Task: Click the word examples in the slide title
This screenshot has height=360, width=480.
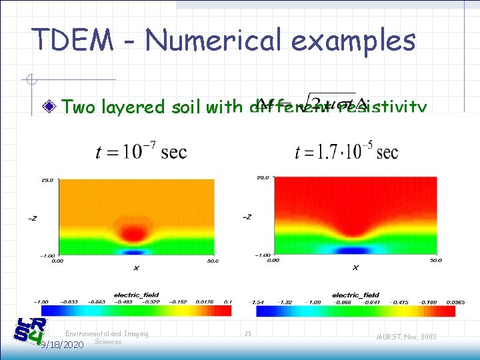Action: coord(352,41)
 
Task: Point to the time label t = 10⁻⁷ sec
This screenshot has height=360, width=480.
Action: coord(141,153)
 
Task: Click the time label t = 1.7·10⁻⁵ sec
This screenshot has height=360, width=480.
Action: coord(346,152)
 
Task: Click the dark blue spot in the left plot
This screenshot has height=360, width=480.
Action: coord(135,253)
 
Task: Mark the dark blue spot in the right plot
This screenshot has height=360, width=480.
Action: coord(354,251)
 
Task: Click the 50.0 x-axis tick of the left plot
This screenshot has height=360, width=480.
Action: coord(212,261)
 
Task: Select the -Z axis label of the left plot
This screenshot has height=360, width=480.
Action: coord(33,217)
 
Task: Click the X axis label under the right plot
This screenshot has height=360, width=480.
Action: coord(355,267)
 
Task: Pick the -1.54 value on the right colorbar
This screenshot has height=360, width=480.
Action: coord(257,301)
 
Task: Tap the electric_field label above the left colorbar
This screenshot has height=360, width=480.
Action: coord(137,294)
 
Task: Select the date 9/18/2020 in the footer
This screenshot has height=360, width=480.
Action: coord(61,345)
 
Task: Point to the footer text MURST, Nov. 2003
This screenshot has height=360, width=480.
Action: coord(405,337)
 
